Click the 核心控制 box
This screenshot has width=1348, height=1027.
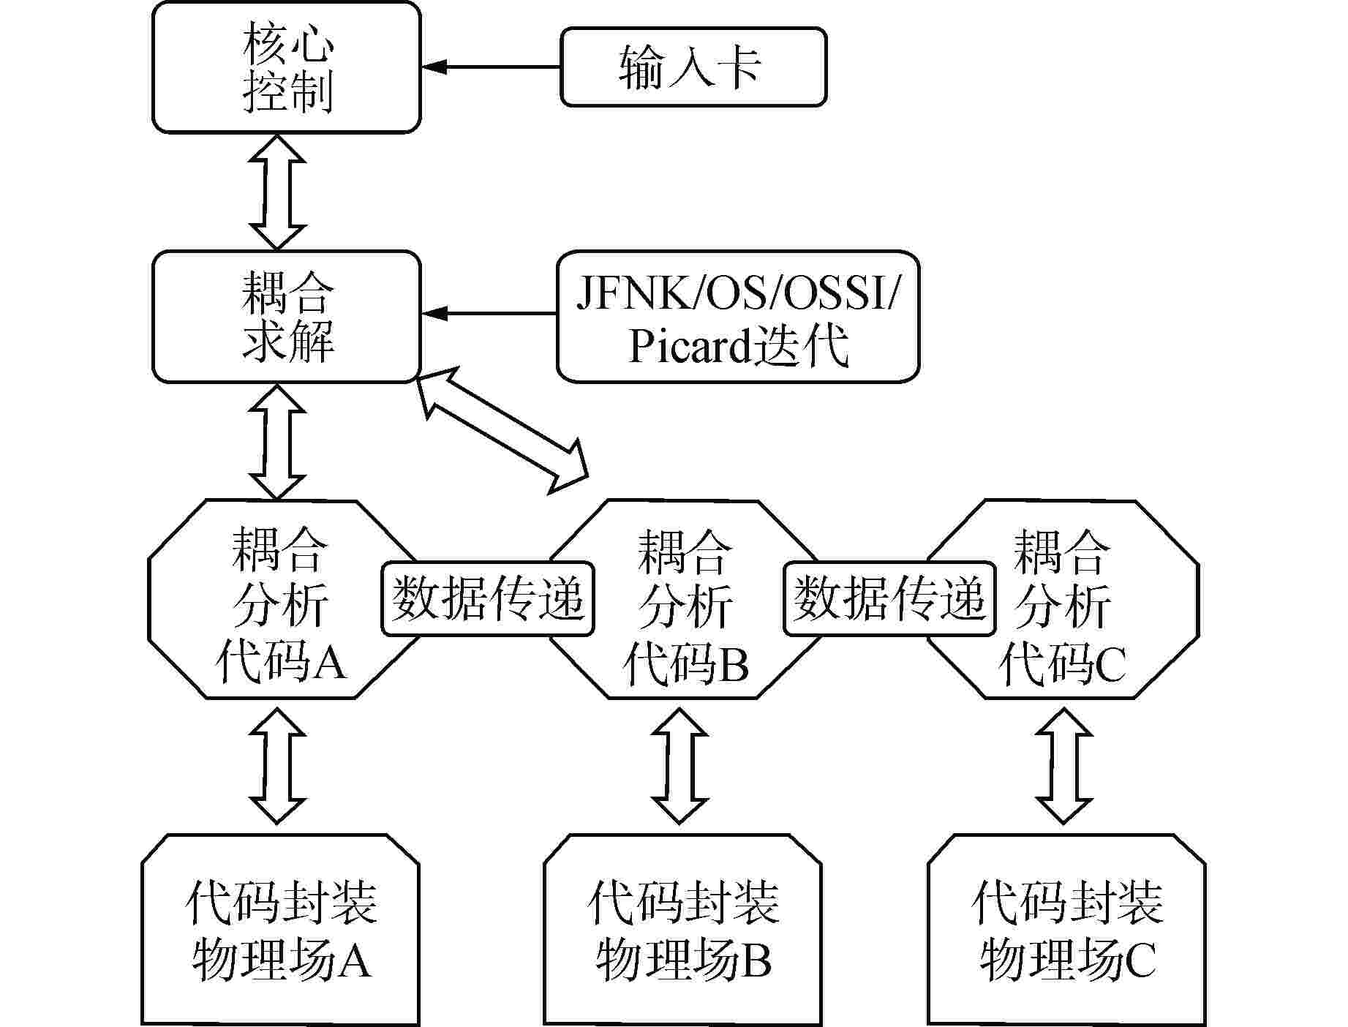click(286, 67)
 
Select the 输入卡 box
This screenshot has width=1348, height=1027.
click(693, 67)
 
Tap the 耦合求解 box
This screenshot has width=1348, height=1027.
click(286, 316)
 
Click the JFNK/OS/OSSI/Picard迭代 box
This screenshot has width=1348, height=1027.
click(737, 316)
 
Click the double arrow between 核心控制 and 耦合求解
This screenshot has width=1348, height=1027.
click(277, 192)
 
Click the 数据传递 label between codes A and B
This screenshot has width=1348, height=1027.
click(487, 598)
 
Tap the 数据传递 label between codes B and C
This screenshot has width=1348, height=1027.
click(889, 598)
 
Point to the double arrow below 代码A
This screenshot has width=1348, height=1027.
click(277, 765)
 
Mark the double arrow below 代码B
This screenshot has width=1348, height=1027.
click(680, 765)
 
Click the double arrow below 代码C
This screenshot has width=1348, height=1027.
click(1064, 765)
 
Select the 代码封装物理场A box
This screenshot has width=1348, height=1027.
click(280, 929)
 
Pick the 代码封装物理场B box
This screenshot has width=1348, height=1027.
click(682, 929)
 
